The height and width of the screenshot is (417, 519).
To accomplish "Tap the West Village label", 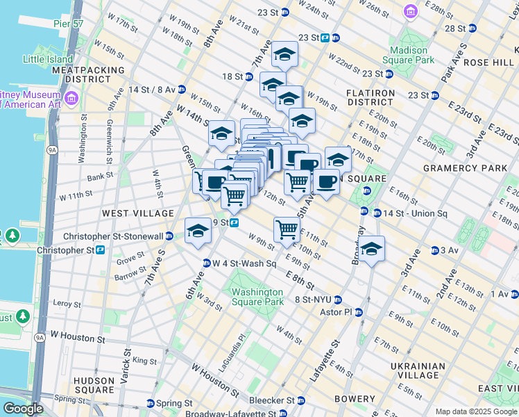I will (128, 212).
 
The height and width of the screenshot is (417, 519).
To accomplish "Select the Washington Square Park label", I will (257, 297).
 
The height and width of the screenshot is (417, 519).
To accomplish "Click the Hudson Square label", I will (94, 386).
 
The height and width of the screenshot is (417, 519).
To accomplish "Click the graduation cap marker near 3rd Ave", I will (372, 250).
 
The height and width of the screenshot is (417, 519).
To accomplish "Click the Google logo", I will (23, 409).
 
